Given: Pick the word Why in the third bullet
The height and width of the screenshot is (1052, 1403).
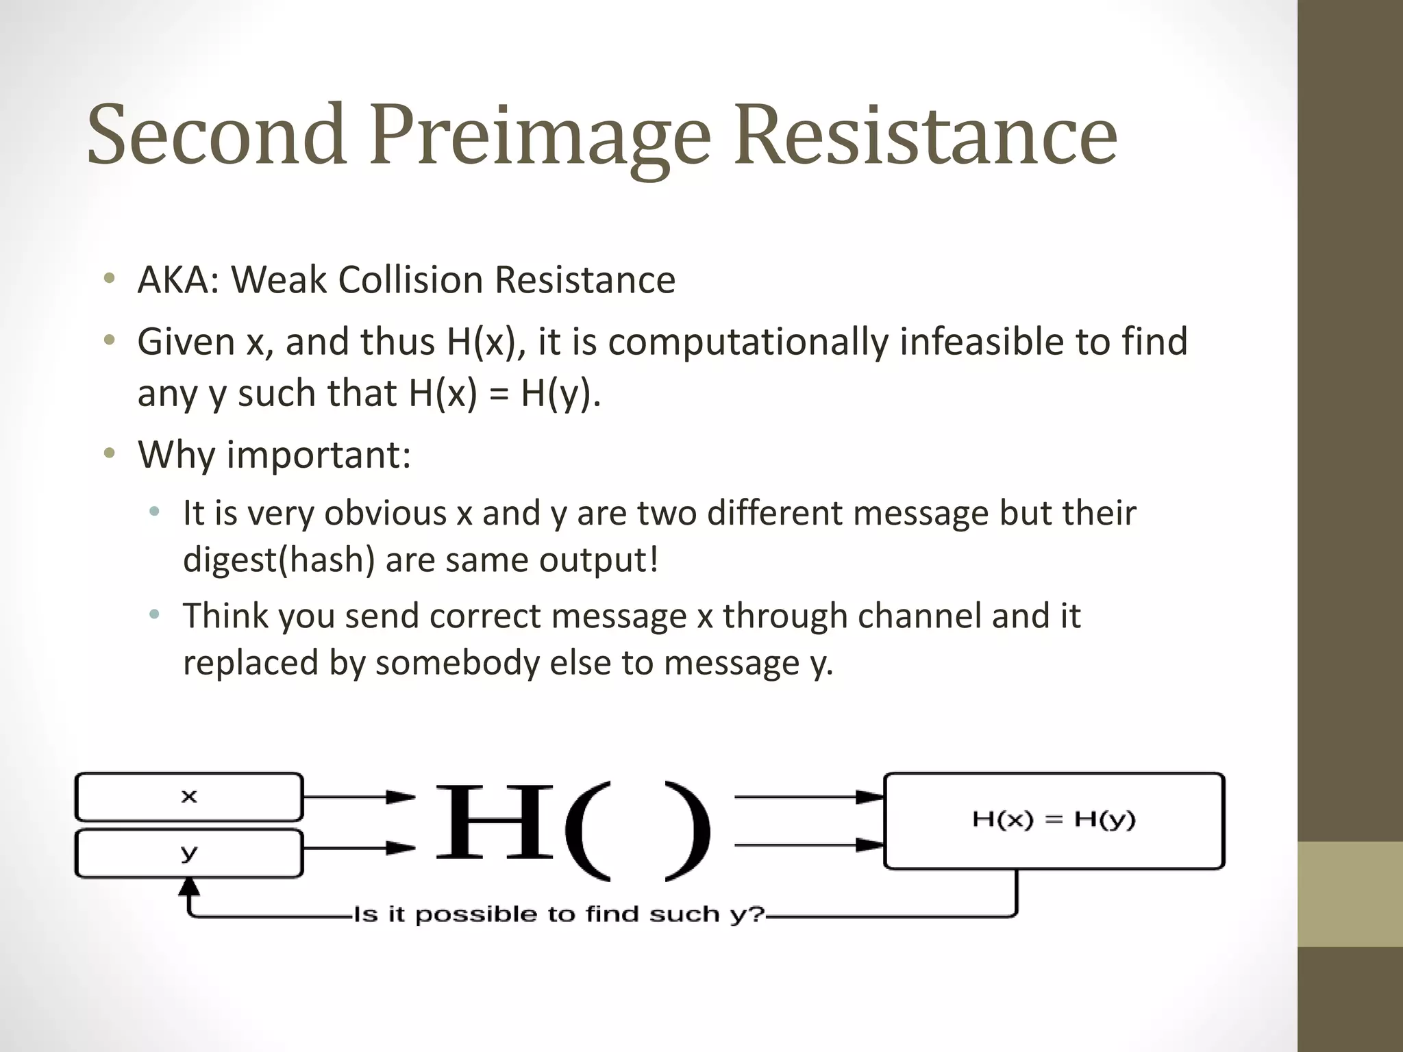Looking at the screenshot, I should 176,455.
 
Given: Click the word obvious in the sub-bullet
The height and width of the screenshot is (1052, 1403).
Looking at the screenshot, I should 385,514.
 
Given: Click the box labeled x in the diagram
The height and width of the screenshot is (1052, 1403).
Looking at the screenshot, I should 189,797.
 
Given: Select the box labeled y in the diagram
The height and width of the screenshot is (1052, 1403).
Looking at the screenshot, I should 189,853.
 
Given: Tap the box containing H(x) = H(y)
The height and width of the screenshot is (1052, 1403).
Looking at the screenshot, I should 1054,821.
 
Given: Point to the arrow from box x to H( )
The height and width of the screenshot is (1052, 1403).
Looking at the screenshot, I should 359,797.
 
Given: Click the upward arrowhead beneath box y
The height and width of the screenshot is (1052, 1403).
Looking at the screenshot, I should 189,888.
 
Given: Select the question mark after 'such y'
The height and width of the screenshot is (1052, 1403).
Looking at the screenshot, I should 757,914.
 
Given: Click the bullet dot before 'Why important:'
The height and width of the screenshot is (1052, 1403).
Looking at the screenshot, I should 110,453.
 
